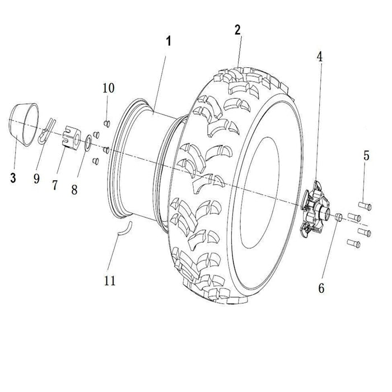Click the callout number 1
pyautogui.click(x=168, y=41)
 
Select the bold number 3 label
pyautogui.click(x=13, y=178)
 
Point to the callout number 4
pyautogui.click(x=319, y=57)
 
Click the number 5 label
pyautogui.click(x=366, y=156)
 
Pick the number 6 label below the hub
pyautogui.click(x=321, y=288)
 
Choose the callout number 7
pyautogui.click(x=55, y=185)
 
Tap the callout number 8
pyautogui.click(x=74, y=189)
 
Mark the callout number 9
pyautogui.click(x=36, y=179)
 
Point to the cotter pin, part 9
pyautogui.click(x=48, y=130)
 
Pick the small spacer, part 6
pyautogui.click(x=339, y=216)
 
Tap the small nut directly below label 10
pyautogui.click(x=108, y=123)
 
